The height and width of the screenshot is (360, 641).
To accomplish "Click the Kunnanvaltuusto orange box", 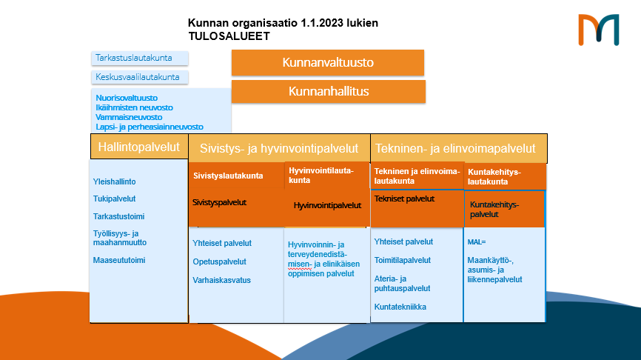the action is tap(327, 62).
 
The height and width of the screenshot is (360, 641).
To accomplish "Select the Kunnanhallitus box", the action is tap(328, 91).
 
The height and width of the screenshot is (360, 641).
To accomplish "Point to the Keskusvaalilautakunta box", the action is tap(139, 77).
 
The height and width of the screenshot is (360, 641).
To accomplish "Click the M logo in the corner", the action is tap(599, 30).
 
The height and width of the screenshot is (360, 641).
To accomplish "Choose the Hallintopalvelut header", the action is tap(139, 147).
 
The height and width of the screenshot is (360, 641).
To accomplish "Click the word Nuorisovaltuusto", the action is tap(127, 98).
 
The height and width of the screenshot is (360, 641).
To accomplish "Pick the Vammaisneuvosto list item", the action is tap(129, 117).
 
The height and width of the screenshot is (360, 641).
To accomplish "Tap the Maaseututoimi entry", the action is tap(119, 260).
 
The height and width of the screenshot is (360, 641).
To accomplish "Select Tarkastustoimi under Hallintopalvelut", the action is tap(118, 216).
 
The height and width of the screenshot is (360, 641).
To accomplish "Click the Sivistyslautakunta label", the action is tap(228, 176).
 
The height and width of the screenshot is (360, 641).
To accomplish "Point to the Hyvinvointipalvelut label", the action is tap(327, 205).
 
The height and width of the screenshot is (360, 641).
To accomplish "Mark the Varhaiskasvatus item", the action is tap(221, 280).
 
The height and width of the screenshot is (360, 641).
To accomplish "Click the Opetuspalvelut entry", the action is tap(220, 261).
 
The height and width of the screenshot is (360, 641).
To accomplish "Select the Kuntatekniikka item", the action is tap(400, 307).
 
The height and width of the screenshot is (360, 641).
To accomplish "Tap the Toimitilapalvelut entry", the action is tap(402, 260).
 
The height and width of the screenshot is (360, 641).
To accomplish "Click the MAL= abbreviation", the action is tap(477, 242).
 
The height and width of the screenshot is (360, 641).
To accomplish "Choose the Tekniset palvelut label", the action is tap(404, 199).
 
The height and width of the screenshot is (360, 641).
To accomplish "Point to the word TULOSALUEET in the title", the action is tap(229, 36).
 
